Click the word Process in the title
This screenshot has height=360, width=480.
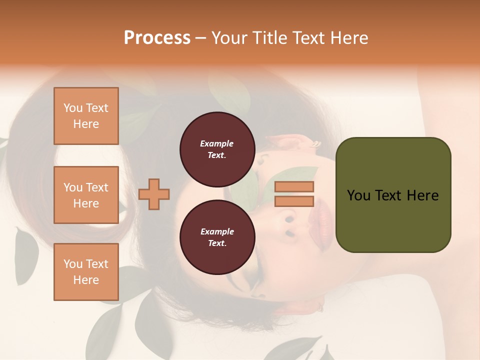pyautogui.click(x=157, y=38)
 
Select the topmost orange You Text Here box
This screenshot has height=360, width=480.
pyautogui.click(x=86, y=116)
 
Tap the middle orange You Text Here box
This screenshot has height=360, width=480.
pyautogui.click(x=86, y=195)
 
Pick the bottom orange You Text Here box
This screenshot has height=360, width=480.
pyautogui.click(x=86, y=272)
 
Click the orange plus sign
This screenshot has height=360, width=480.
pyautogui.click(x=154, y=194)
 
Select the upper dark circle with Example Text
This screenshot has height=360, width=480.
pyautogui.click(x=217, y=149)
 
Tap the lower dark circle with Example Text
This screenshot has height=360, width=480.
pyautogui.click(x=217, y=237)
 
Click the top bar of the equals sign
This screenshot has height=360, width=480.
pyautogui.click(x=294, y=186)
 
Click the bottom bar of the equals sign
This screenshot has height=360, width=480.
pyautogui.click(x=294, y=201)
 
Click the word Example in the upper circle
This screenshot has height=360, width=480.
pyautogui.click(x=217, y=143)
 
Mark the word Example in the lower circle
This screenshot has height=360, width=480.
pyautogui.click(x=217, y=231)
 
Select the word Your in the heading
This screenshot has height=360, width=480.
pyautogui.click(x=230, y=38)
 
